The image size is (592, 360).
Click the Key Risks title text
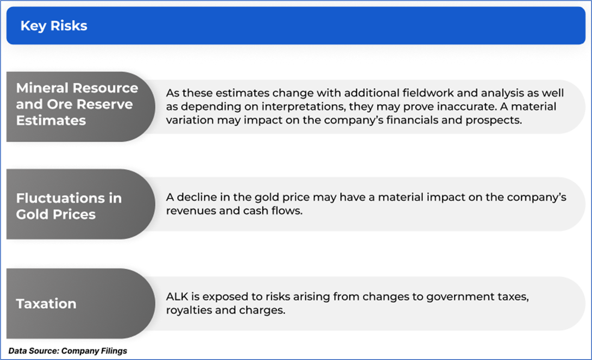pos(54,26)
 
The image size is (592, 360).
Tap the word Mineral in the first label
pos(42,88)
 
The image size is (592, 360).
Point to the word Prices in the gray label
pos(74,214)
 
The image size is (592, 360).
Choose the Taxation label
pos(46,304)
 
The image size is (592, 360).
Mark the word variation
pos(190,120)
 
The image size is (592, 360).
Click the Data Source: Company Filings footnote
pos(68,351)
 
